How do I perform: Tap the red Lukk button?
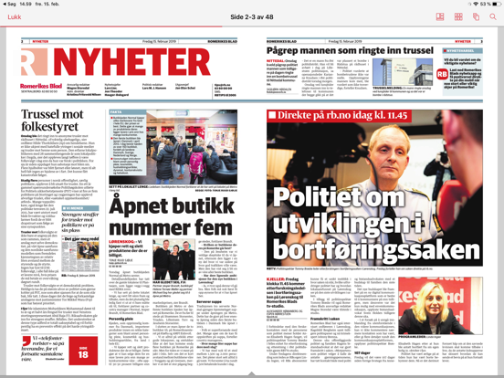16,17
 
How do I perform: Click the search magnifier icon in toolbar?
491,17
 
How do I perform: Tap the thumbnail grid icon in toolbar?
465,17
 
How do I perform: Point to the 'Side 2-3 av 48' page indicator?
253,17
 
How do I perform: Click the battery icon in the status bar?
490,4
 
